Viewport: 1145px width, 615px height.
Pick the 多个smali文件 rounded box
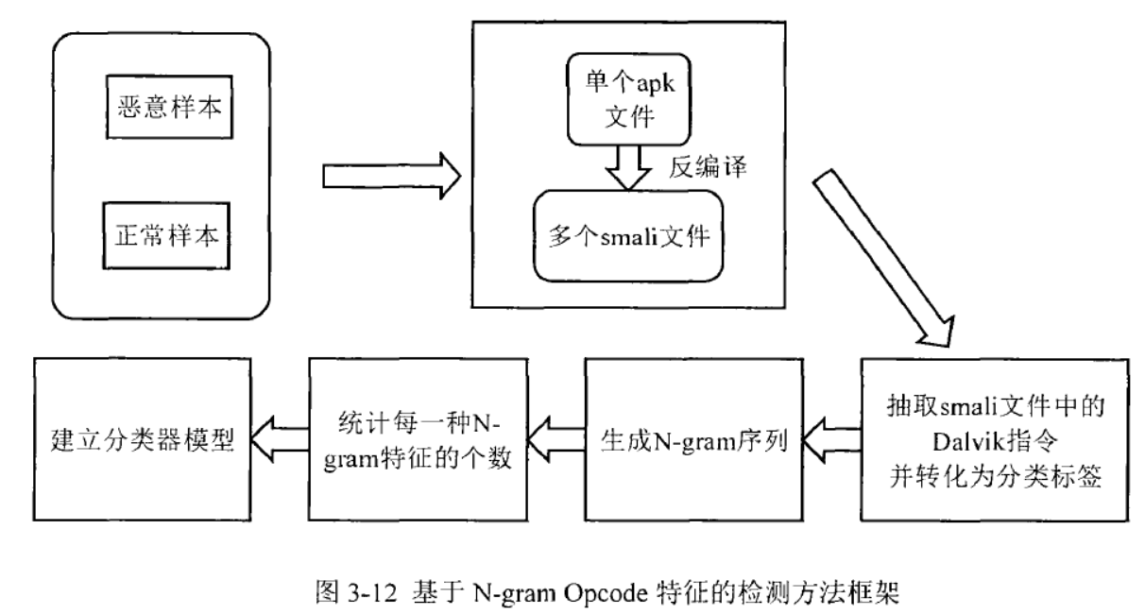[628, 236]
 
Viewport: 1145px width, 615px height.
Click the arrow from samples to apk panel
[390, 175]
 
